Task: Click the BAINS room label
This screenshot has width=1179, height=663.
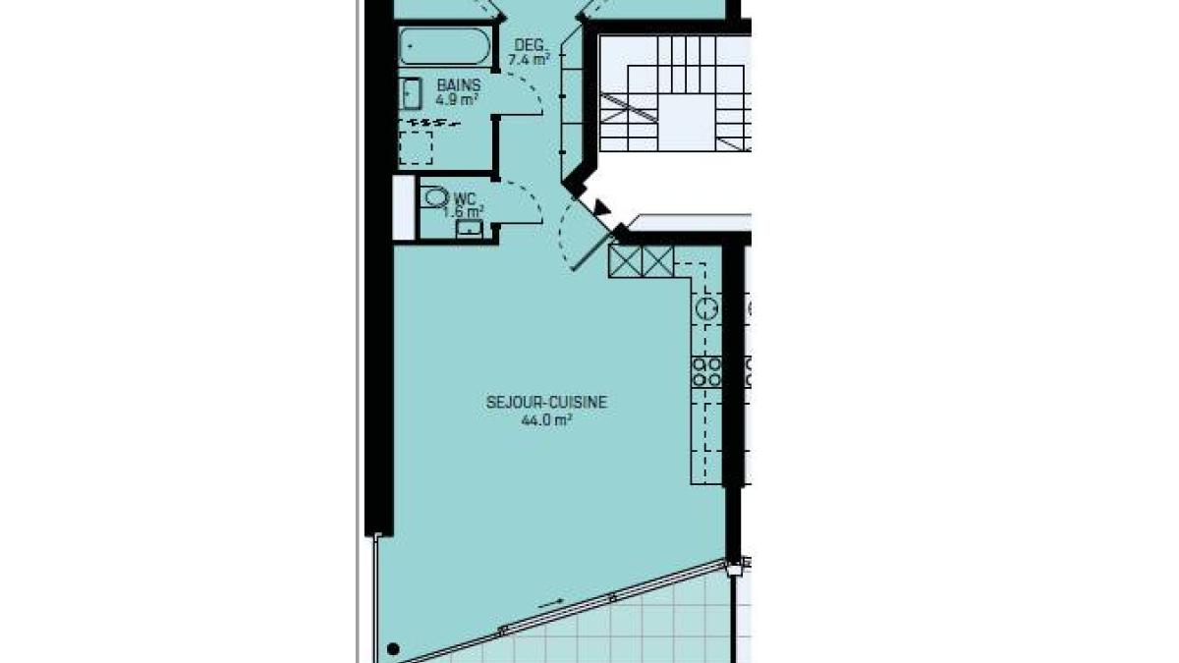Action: pyautogui.click(x=459, y=85)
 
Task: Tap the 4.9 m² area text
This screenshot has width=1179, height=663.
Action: pyautogui.click(x=457, y=99)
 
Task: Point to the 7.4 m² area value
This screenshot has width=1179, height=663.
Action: pyautogui.click(x=529, y=60)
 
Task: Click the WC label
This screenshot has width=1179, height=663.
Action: pyautogui.click(x=464, y=199)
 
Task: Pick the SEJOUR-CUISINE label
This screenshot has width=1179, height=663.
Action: pyautogui.click(x=546, y=403)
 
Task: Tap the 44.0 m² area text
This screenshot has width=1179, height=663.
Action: pyautogui.click(x=547, y=420)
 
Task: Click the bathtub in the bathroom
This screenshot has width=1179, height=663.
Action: pyautogui.click(x=445, y=46)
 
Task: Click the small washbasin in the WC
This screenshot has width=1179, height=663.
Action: pyautogui.click(x=469, y=229)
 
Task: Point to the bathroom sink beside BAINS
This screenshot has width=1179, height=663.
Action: pyautogui.click(x=410, y=93)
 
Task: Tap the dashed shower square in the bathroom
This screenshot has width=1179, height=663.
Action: pyautogui.click(x=416, y=148)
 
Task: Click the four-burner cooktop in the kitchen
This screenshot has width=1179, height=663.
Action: pyautogui.click(x=706, y=372)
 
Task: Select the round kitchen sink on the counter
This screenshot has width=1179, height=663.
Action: pyautogui.click(x=706, y=308)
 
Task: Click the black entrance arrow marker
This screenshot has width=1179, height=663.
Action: pyautogui.click(x=600, y=207)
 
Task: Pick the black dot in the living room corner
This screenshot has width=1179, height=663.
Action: pyautogui.click(x=393, y=648)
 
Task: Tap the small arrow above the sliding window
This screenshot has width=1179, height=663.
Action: pyautogui.click(x=551, y=603)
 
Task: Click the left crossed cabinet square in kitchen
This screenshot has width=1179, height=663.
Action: pyautogui.click(x=625, y=261)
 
